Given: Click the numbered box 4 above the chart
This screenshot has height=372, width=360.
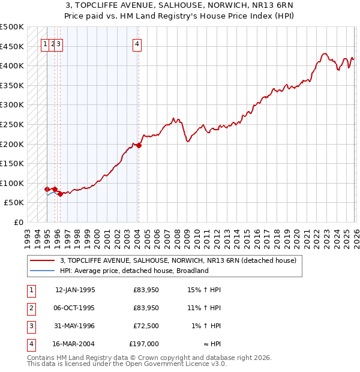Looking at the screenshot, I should coord(137,43).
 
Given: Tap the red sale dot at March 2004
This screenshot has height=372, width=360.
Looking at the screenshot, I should coord(139,145).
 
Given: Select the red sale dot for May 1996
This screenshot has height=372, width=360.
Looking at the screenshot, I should coord(60,194).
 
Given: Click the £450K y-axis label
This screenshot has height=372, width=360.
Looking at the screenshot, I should coord(12,46).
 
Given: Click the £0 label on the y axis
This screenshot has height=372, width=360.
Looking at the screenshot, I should coord(18,223).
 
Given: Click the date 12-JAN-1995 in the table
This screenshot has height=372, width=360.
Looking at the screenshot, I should coord(75,290).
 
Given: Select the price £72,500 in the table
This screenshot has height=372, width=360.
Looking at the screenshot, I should coord(146,326).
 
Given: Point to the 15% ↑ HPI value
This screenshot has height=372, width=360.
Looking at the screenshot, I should coord(205,290).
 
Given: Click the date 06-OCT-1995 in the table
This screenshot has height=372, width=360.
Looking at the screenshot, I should coord(75,308).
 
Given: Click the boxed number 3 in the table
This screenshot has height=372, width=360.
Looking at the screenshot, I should coord(31,326).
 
